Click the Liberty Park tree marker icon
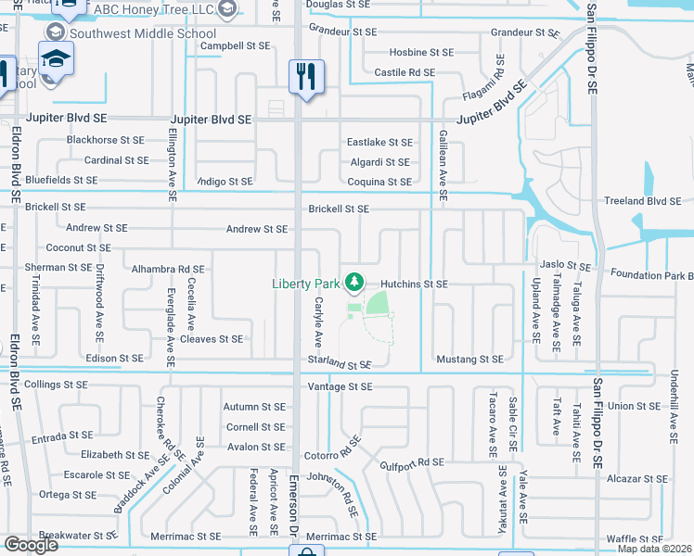click(353, 282)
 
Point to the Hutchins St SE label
click(415, 284)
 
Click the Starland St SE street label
click(341, 366)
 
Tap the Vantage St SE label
click(340, 386)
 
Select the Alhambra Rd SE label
click(168, 269)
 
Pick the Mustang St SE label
click(469, 359)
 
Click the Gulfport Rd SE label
click(412, 461)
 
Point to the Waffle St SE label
click(634, 538)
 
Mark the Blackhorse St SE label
click(105, 140)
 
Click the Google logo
click(31, 545)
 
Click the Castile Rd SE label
click(405, 72)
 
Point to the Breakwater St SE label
click(78, 536)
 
